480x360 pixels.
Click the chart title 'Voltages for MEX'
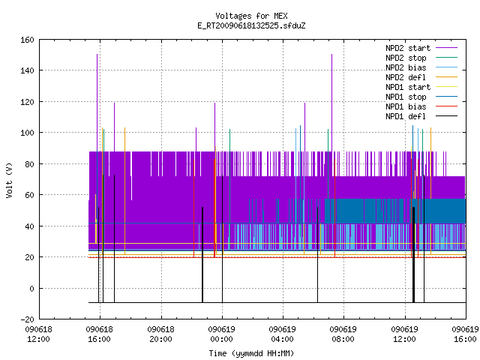click(251, 16)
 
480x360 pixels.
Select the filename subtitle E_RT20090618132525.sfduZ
click(251, 25)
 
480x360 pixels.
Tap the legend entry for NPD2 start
click(408, 48)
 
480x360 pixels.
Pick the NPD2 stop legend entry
click(406, 58)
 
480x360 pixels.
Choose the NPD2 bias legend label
click(406, 67)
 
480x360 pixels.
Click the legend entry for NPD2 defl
click(406, 77)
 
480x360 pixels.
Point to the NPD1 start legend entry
click(408, 87)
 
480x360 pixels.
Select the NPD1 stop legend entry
click(406, 97)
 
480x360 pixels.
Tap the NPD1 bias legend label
click(406, 106)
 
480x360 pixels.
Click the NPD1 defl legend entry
click(406, 117)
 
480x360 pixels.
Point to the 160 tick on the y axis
click(27, 40)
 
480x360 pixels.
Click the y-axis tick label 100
click(27, 133)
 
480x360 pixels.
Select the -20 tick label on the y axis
click(27, 319)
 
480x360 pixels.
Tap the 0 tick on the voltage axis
click(31, 288)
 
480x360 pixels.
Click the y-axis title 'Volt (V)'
click(9, 181)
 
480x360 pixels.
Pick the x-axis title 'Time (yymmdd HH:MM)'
click(251, 353)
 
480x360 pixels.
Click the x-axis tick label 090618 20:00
click(160, 334)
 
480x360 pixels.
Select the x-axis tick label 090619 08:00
click(343, 334)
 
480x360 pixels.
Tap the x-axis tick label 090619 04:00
click(282, 334)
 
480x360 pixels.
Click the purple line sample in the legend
click(447, 48)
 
